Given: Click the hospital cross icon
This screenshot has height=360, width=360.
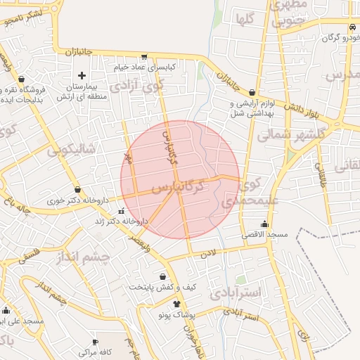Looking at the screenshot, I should click(x=82, y=75).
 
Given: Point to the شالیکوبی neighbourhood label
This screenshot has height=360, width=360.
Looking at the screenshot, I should click(x=72, y=150).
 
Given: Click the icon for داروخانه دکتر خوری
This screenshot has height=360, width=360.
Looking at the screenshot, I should click(x=77, y=191).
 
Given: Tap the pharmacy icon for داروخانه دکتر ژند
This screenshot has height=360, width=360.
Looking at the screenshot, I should click(x=121, y=210).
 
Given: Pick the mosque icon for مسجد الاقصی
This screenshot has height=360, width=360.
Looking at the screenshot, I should click(x=264, y=224).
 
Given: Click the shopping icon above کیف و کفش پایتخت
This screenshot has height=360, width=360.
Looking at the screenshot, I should click(x=163, y=277).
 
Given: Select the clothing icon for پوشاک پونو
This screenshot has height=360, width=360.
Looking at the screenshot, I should click(x=176, y=303).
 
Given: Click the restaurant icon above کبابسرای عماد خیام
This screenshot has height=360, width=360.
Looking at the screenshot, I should click(x=144, y=57).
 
